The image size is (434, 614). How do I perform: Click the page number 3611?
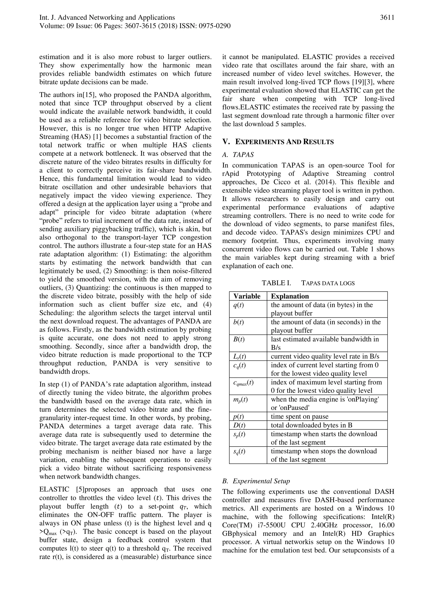[387, 18]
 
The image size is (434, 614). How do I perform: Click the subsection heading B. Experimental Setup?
[256, 481]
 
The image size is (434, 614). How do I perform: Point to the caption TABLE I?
[276, 283]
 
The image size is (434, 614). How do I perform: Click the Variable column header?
[247, 296]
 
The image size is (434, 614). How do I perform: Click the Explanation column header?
[290, 296]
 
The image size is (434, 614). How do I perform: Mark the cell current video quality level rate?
[325, 356]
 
